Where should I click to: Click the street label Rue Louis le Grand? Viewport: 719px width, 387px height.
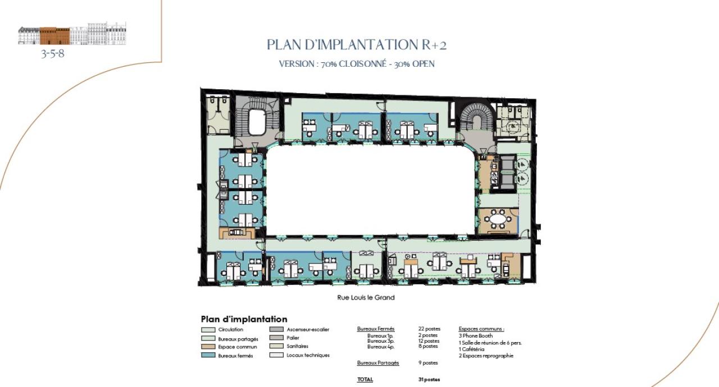pos(366,298)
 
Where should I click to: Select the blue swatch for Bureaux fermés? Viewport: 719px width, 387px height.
pos(208,356)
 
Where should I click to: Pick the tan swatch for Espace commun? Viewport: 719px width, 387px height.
pos(208,347)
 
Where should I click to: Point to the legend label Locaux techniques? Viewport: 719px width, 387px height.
pos(308,356)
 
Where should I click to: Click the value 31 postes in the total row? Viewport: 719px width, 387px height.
pos(429,380)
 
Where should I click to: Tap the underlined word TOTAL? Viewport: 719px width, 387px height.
pos(365,380)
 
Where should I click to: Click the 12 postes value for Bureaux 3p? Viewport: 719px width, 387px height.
pos(429,341)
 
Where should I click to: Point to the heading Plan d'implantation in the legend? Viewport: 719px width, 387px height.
pos(244,319)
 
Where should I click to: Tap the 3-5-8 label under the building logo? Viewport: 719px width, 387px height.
pos(53,55)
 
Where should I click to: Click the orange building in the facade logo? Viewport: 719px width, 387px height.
pos(54,36)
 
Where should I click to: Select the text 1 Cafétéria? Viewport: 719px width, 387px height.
pos(472,349)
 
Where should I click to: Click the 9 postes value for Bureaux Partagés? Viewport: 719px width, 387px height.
pos(428,363)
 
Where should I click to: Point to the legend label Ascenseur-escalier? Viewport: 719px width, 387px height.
pos(308,330)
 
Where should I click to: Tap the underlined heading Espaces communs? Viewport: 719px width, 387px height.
pos(481,329)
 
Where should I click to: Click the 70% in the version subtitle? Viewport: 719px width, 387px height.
pos(329,64)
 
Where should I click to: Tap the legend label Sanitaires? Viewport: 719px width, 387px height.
pos(297,347)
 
